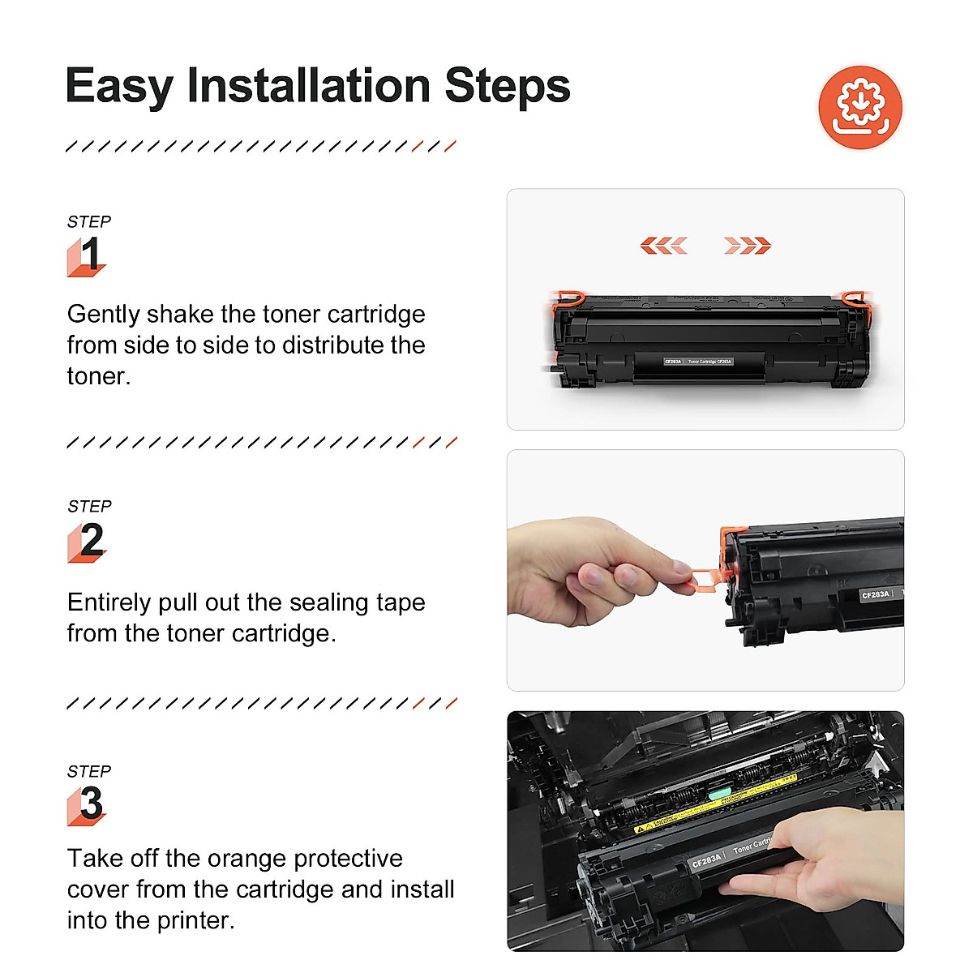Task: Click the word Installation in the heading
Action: tap(308, 86)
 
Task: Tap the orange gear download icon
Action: tap(860, 107)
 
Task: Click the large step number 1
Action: tap(89, 255)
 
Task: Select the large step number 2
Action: tap(91, 541)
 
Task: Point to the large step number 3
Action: tap(91, 804)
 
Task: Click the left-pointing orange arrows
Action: tap(663, 246)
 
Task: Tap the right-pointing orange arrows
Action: tap(747, 246)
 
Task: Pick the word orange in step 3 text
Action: tap(246, 858)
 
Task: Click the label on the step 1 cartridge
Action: tap(698, 362)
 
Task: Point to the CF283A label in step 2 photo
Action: tap(876, 594)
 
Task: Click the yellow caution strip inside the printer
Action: tap(714, 803)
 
